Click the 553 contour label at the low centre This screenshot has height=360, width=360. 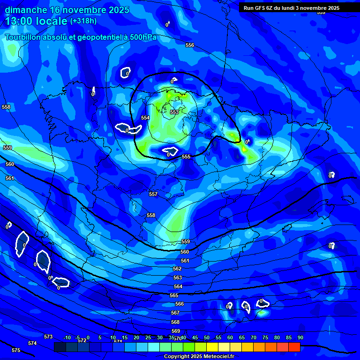[x=174, y=112]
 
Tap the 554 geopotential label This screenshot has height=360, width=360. [x=145, y=118]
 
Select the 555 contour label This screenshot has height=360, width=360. [x=186, y=157]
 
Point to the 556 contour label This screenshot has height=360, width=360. [x=190, y=45]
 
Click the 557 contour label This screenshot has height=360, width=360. [x=153, y=194]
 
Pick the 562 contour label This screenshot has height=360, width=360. [x=177, y=269]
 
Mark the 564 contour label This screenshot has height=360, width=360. [x=178, y=286]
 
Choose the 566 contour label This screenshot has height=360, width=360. [x=180, y=304]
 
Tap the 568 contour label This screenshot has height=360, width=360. [x=175, y=322]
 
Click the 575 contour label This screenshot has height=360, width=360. [x=16, y=350]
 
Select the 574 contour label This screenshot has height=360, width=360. [x=32, y=344]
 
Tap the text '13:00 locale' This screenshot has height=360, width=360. [x=36, y=21]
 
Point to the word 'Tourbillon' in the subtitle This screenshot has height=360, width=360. [x=23, y=37]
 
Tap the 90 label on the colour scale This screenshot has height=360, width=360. [x=300, y=337]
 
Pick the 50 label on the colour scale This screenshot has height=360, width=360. [x=207, y=337]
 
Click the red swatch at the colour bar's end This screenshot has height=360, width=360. [x=294, y=347]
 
